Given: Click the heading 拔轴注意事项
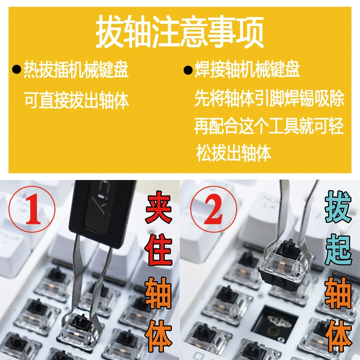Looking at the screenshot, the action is [180, 32].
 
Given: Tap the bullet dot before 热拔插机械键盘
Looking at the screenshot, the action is [17, 70].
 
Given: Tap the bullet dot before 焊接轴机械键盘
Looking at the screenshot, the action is [188, 70].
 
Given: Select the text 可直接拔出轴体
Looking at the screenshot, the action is [76, 100].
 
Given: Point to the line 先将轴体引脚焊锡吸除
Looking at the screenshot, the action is [269, 98].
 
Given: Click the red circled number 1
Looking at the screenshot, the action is [32, 209].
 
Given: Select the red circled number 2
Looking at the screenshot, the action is [214, 209].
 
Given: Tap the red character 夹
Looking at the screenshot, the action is [159, 209].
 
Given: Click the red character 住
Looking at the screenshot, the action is [159, 250].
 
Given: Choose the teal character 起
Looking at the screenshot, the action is [338, 250].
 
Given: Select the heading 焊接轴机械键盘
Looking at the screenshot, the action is [247, 69].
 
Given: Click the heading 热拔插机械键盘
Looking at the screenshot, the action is [76, 69].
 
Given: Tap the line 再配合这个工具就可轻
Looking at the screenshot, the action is [269, 126].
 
